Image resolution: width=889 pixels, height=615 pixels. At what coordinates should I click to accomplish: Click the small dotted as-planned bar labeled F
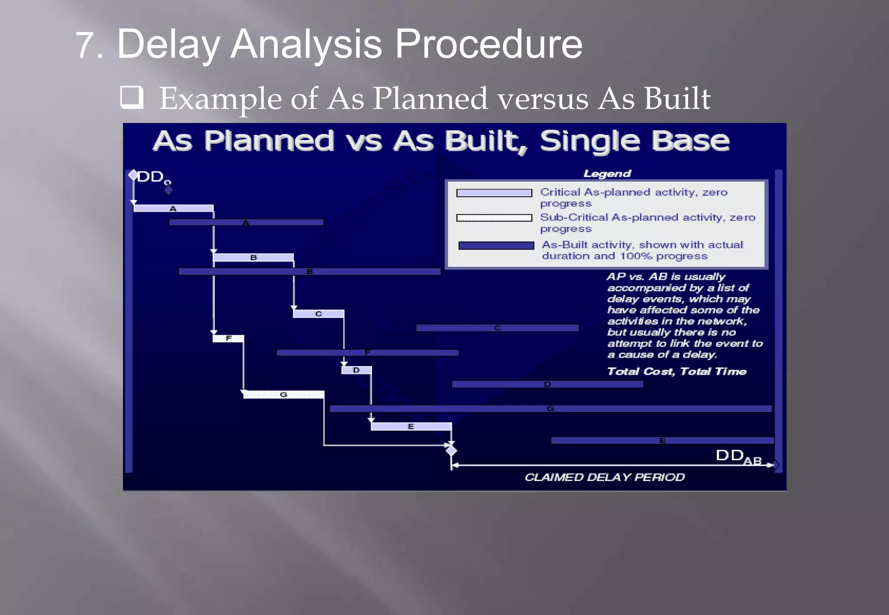coord(228,338)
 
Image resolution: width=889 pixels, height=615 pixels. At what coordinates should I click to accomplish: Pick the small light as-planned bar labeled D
coord(356,370)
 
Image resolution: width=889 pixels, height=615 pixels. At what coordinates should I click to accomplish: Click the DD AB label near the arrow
coord(738,457)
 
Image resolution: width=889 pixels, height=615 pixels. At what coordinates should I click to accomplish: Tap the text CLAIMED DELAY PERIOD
coord(604,478)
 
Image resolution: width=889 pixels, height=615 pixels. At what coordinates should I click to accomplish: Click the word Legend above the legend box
coord(607,174)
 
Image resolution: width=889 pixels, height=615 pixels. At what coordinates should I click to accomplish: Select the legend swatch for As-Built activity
coord(496,245)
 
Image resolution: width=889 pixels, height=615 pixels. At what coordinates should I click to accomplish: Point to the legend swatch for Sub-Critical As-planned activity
coord(494,218)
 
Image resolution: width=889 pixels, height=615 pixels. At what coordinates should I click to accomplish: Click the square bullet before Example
coord(132,97)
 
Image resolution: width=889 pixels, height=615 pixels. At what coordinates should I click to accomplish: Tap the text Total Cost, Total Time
coord(676,372)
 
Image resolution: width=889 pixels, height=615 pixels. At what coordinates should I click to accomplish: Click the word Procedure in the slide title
coord(488,44)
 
